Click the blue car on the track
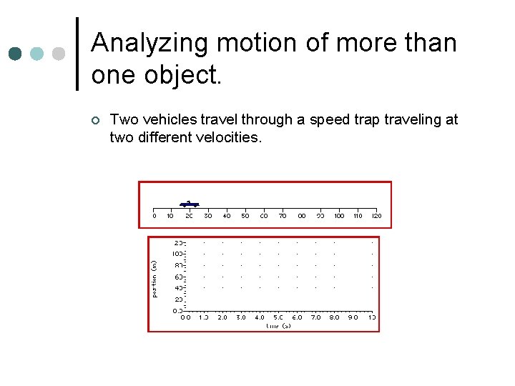(x=189, y=204)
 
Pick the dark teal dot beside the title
(x=15, y=54)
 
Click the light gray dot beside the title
(x=59, y=54)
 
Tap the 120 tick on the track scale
(x=377, y=216)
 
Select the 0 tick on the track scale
(x=154, y=216)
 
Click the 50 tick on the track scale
(x=245, y=216)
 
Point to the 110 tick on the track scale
(x=358, y=216)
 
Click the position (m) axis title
(x=154, y=278)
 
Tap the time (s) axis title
(x=278, y=326)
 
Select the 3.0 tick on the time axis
(x=241, y=317)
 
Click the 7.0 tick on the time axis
(x=315, y=317)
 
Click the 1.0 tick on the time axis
(x=204, y=317)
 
